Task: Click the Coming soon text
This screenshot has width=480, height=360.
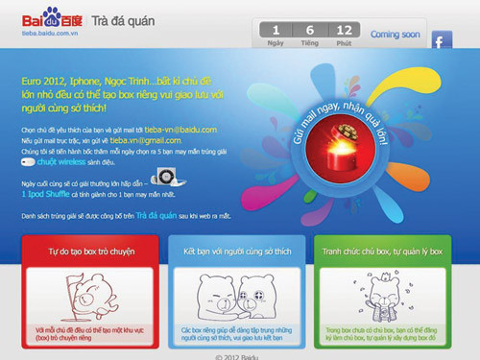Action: click(x=395, y=34)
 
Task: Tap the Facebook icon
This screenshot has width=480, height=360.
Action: click(x=442, y=41)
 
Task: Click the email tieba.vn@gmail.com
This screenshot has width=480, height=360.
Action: click(x=132, y=140)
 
